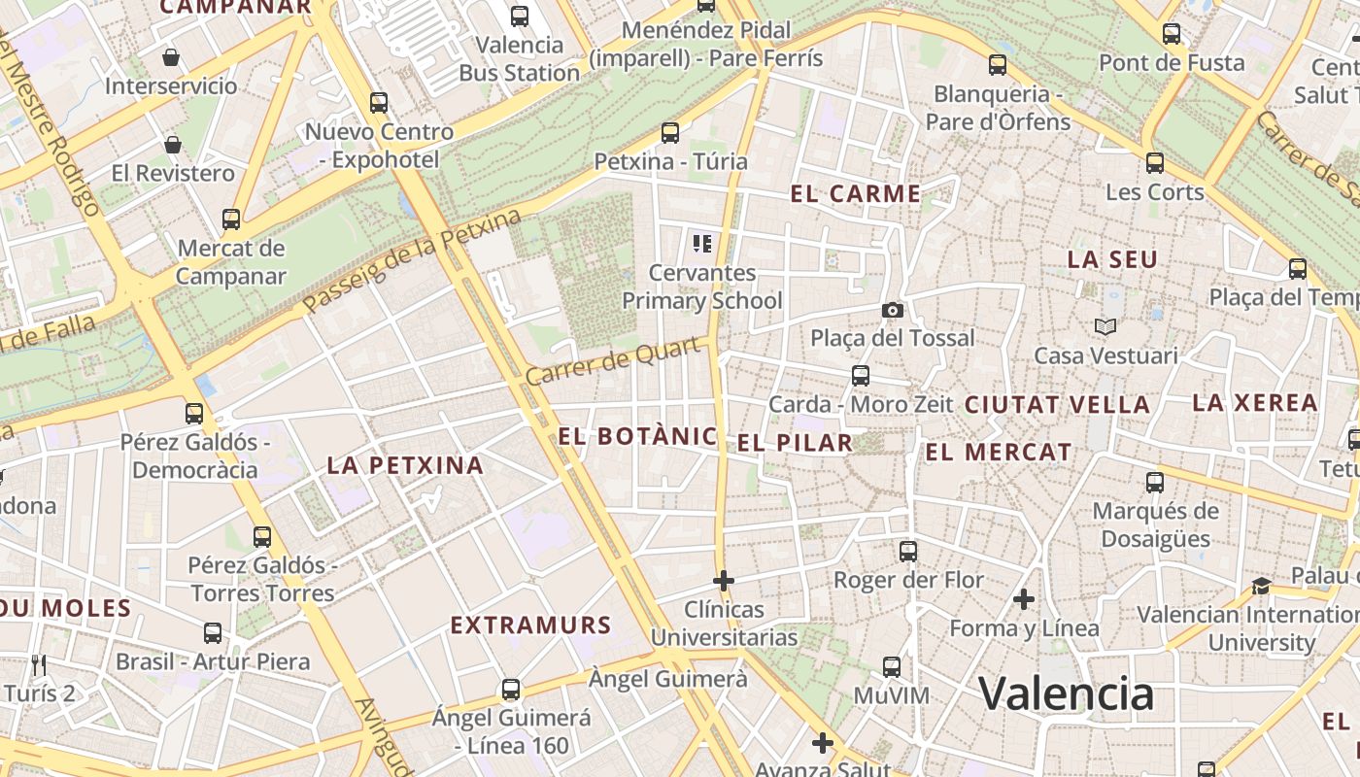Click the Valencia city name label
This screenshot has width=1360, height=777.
point(1066,693)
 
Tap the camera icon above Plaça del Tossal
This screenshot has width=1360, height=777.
point(892,310)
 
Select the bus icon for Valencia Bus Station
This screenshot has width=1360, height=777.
point(520,16)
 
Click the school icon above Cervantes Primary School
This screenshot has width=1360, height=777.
point(701,243)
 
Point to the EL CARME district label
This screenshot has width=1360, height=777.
point(855,193)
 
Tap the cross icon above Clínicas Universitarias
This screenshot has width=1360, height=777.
point(723,581)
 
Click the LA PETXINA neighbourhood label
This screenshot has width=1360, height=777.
point(405,465)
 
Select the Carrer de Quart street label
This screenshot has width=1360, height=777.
point(614,360)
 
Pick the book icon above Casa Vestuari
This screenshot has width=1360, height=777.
point(1105,326)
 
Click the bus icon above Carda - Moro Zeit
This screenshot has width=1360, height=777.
point(860,376)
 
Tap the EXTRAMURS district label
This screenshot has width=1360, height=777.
point(530,625)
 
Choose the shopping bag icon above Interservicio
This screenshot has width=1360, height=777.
point(171,57)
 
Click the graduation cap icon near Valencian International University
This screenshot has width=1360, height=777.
point(1261,586)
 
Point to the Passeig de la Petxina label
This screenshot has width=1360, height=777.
point(412,261)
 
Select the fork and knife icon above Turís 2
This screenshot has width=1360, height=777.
point(39,664)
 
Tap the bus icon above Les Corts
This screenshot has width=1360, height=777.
point(1154,163)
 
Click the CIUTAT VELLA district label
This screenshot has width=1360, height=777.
point(1057,404)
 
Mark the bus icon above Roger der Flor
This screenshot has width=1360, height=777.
point(907,552)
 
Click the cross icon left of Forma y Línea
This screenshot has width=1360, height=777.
point(1023,599)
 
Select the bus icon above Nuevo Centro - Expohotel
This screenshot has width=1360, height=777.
point(379,102)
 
